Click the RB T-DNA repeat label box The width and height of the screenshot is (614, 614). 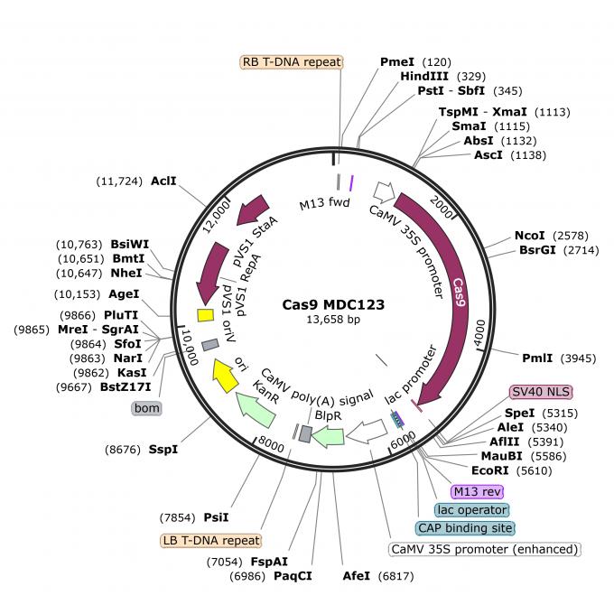[x=291, y=62]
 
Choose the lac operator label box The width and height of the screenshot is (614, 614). [x=470, y=509]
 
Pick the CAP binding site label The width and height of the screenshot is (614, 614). [x=464, y=527]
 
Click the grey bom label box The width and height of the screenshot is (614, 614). [x=146, y=408]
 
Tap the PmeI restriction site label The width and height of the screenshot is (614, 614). [x=396, y=61]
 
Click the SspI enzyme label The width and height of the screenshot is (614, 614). [x=163, y=448]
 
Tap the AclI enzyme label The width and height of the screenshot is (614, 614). [x=163, y=181]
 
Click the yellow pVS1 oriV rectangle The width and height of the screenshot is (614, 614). [x=205, y=314]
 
